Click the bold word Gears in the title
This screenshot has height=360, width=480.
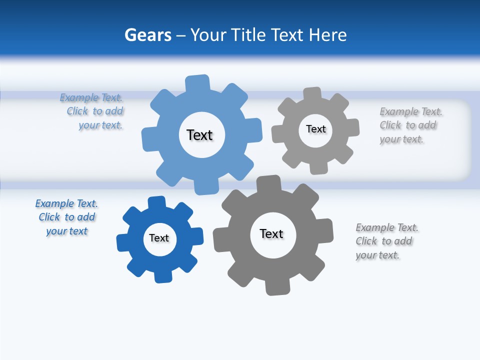coord(147,35)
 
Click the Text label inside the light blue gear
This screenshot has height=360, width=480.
coord(199,135)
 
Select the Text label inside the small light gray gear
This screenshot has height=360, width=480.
coord(315,129)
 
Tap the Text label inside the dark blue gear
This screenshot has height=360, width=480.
coord(159,238)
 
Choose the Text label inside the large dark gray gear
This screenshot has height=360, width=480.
coord(271,233)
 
